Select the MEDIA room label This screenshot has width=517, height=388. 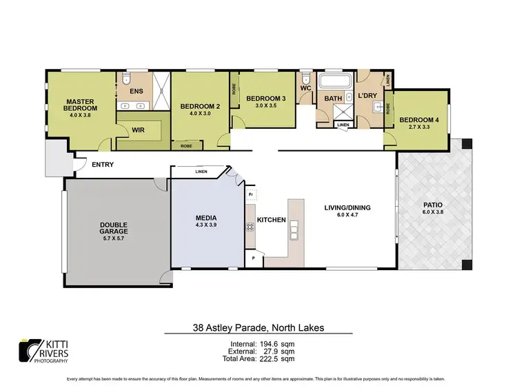pos(206,221)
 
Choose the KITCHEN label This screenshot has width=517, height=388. pos(271,219)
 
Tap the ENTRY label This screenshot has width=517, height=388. pos(102,165)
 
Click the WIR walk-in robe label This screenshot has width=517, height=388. pos(138,128)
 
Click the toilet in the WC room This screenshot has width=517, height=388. pos(305,76)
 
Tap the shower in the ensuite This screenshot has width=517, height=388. pos(161,90)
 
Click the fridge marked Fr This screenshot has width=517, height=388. pos(251,196)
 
